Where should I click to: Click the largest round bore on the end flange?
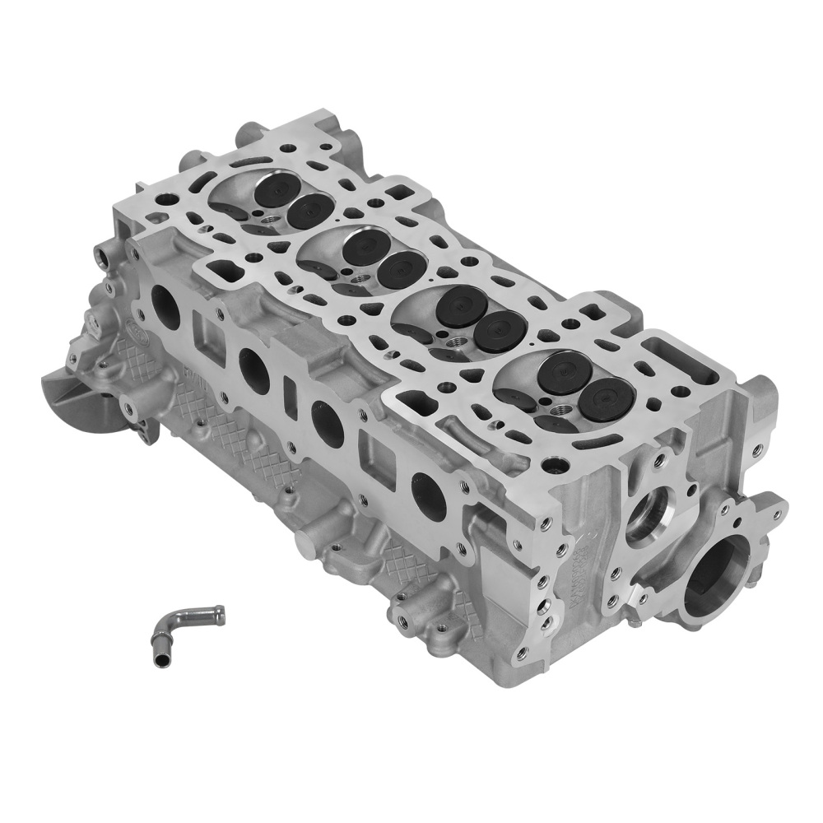714,575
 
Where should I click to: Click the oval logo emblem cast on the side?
133,328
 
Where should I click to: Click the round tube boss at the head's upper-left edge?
249,133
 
